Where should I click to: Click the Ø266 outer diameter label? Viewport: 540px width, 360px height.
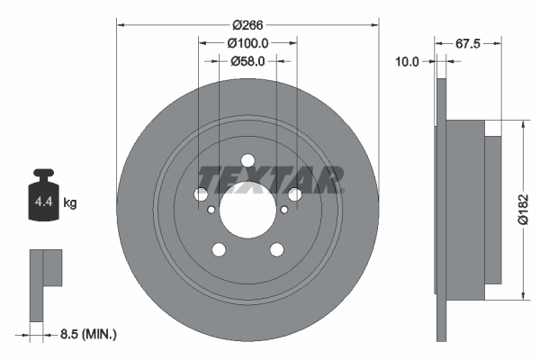click(x=247, y=24)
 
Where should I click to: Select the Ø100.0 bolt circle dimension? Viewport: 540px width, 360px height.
click(x=247, y=42)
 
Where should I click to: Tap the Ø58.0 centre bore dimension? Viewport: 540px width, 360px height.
click(x=247, y=61)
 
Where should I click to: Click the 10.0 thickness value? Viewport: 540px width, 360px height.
click(x=408, y=61)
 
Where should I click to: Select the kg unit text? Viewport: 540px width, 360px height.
click(x=70, y=203)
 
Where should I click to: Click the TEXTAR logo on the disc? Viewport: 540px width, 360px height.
click(x=271, y=179)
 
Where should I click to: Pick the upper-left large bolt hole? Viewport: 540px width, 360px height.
click(x=202, y=194)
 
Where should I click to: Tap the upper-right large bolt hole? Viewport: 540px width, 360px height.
click(x=294, y=194)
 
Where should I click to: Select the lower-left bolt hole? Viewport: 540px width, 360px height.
click(x=219, y=250)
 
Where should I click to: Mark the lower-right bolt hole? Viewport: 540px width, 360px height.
click(x=276, y=250)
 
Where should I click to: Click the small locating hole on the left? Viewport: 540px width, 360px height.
click(x=211, y=211)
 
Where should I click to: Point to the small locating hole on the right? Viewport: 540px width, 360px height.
click(x=284, y=211)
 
